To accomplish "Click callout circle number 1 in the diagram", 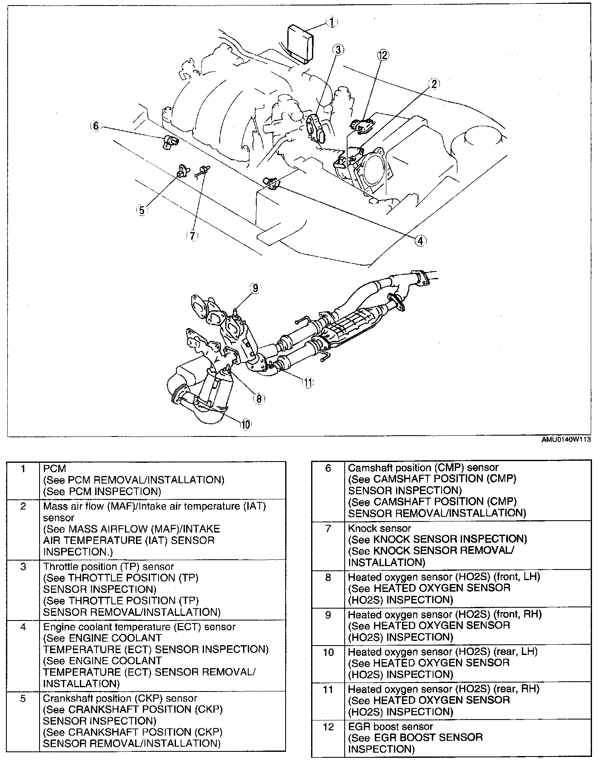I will (x=332, y=22).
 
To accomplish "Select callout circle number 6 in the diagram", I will (x=96, y=126).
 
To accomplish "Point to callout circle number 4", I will (x=420, y=241).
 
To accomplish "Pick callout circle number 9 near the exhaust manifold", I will (x=255, y=288).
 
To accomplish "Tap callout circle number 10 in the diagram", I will (x=245, y=424).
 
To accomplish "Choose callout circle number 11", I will (x=307, y=382).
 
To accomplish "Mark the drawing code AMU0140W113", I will (x=566, y=440).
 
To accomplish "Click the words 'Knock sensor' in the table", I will (x=380, y=528).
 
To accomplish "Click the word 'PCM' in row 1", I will (x=55, y=468).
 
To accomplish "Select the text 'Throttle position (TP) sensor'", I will (x=108, y=567).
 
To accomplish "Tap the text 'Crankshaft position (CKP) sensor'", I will (x=120, y=698).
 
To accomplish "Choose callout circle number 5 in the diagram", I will (x=142, y=210).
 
